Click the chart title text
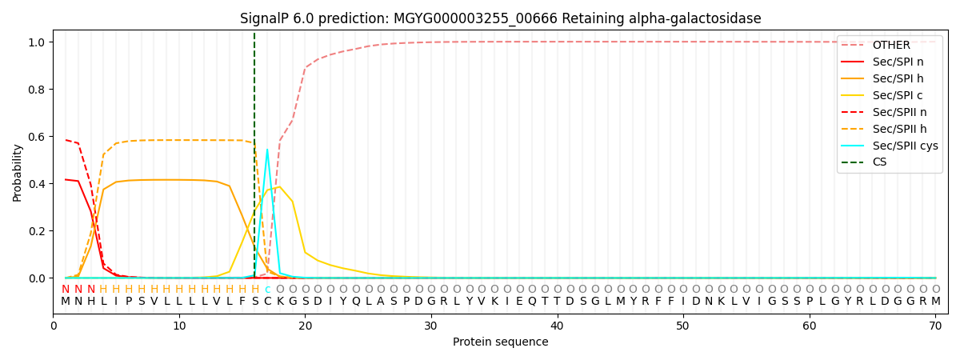(500, 18)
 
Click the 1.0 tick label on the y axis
(38, 42)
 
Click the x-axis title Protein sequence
(500, 342)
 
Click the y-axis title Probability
(18, 172)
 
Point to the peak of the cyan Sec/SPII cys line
(267, 150)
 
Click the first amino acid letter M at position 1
(66, 302)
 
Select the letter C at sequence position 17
(267, 302)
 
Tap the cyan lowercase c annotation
(267, 290)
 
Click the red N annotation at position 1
(66, 290)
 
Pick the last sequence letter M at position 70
(935, 302)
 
